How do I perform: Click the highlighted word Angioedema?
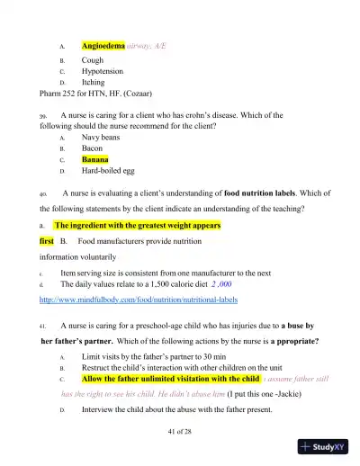coord(102,44)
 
